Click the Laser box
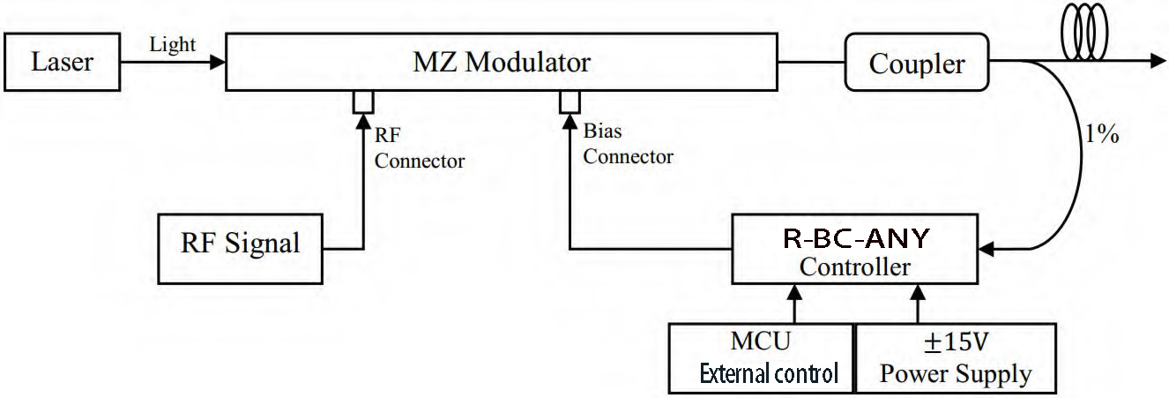click(x=62, y=64)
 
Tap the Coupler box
click(x=917, y=64)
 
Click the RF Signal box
click(x=241, y=243)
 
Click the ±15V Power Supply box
click(x=955, y=358)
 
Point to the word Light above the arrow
click(x=173, y=46)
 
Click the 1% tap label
click(x=1101, y=136)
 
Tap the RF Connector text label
click(x=419, y=148)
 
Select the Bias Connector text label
click(x=628, y=146)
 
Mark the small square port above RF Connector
click(x=362, y=101)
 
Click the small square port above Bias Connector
click(x=570, y=101)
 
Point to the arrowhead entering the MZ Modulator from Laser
click(x=217, y=63)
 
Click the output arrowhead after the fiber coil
click(x=1154, y=62)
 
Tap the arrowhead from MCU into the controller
click(x=796, y=291)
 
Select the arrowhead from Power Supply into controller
click(x=918, y=291)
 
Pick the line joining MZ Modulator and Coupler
click(x=811, y=63)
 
